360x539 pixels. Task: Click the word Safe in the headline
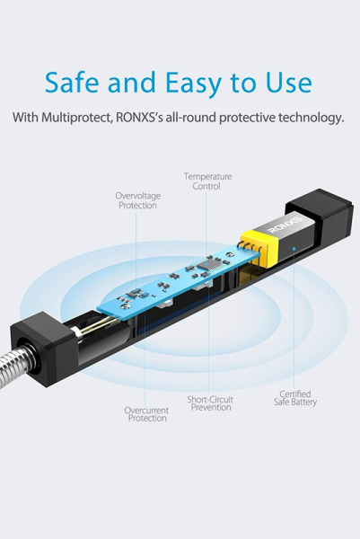(x=72, y=82)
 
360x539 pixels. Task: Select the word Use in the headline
(x=289, y=82)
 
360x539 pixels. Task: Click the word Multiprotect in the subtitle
(x=77, y=118)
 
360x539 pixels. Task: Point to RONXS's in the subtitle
(x=139, y=117)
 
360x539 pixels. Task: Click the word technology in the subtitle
(x=312, y=118)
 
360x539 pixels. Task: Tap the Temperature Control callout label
(x=207, y=181)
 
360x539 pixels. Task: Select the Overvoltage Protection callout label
(x=137, y=200)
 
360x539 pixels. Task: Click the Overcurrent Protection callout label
(x=146, y=414)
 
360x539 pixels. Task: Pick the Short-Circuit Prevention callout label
(x=210, y=403)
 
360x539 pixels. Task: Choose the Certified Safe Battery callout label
(x=295, y=398)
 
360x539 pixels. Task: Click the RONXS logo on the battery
(x=285, y=225)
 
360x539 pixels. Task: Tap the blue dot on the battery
(x=294, y=248)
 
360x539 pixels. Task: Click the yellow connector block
(x=259, y=248)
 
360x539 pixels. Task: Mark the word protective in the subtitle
(x=247, y=118)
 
